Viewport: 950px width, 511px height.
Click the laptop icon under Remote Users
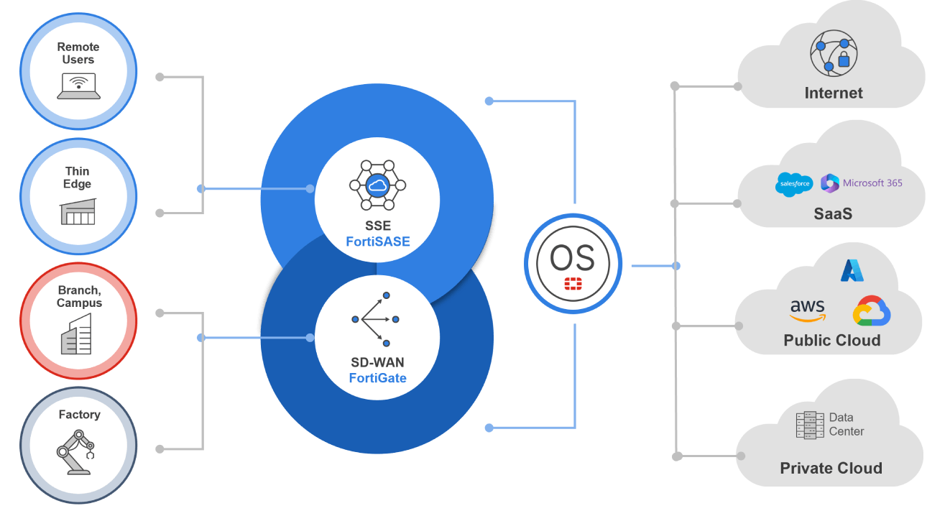78,87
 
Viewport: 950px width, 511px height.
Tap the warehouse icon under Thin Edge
78,211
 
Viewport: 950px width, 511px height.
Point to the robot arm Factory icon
75,452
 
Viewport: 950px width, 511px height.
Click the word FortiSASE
377,241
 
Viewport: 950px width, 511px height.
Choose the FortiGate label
377,378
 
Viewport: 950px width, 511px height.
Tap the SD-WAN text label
377,363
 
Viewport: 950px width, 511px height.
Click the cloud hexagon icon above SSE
377,185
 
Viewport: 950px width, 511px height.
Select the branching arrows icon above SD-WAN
376,319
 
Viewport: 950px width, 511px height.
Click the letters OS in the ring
572,257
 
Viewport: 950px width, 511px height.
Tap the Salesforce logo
794,184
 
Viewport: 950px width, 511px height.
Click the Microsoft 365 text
872,183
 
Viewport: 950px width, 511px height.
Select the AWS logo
808,310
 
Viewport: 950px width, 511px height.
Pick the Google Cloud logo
872,311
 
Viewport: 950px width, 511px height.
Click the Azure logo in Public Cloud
852,270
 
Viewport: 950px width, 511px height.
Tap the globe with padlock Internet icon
834,52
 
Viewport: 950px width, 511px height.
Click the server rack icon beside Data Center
809,425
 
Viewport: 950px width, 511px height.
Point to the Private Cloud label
831,469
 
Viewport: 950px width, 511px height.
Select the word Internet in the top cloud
834,93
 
